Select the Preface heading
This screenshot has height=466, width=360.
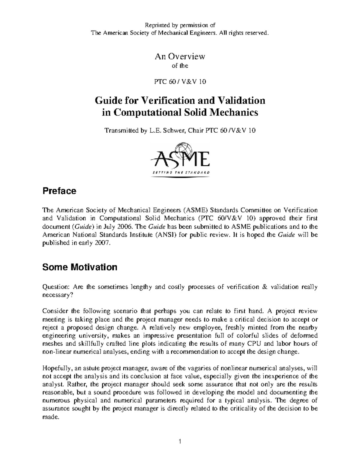click(59, 191)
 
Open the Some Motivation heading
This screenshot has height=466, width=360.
click(79, 267)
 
